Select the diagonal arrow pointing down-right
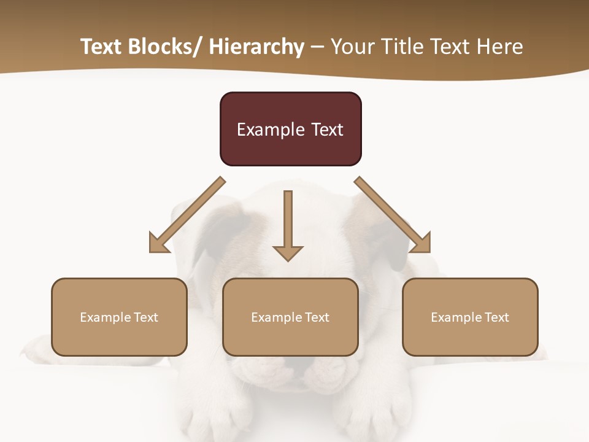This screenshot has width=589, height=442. coord(393,215)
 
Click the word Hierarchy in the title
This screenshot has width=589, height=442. coord(256,47)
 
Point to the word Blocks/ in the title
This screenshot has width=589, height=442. coord(162,47)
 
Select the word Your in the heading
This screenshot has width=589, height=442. coord(352,47)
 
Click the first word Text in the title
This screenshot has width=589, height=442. coord(101,47)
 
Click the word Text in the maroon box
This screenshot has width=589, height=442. coord(327,130)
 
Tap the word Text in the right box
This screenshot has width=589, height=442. coord(497,317)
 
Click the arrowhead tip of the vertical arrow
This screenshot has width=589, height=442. coord(288,260)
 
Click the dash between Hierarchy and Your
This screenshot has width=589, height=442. coord(317,47)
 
